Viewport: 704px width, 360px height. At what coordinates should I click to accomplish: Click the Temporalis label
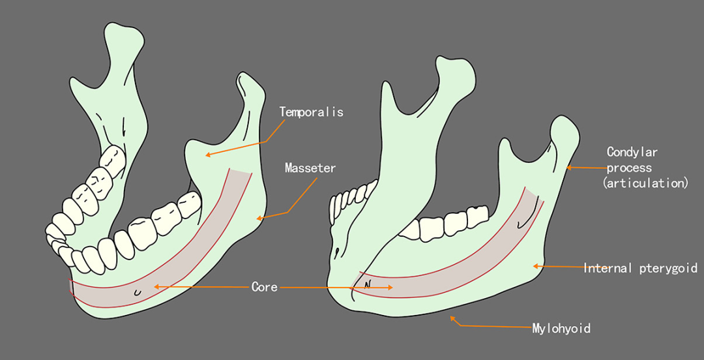coord(311,112)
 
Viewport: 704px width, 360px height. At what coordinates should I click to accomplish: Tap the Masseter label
coord(310,168)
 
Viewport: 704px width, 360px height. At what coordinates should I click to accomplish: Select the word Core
coord(264,287)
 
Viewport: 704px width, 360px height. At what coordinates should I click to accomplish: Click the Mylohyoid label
coord(561,328)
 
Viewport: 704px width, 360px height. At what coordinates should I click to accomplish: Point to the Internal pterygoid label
coord(640,268)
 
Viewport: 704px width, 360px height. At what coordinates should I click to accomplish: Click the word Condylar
coord(632,153)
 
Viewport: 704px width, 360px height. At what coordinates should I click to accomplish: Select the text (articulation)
coord(645,183)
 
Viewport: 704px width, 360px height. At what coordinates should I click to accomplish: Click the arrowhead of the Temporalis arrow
coord(207,155)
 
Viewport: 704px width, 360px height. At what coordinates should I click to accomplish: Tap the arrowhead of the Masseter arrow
coord(259,218)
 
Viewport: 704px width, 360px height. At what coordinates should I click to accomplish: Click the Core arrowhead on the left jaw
coord(155,286)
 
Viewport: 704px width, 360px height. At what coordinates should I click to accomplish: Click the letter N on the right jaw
coord(367,284)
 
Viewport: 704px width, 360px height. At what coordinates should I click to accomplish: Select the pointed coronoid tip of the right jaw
coord(450,65)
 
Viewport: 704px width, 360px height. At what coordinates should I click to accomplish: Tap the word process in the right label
coord(629,168)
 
